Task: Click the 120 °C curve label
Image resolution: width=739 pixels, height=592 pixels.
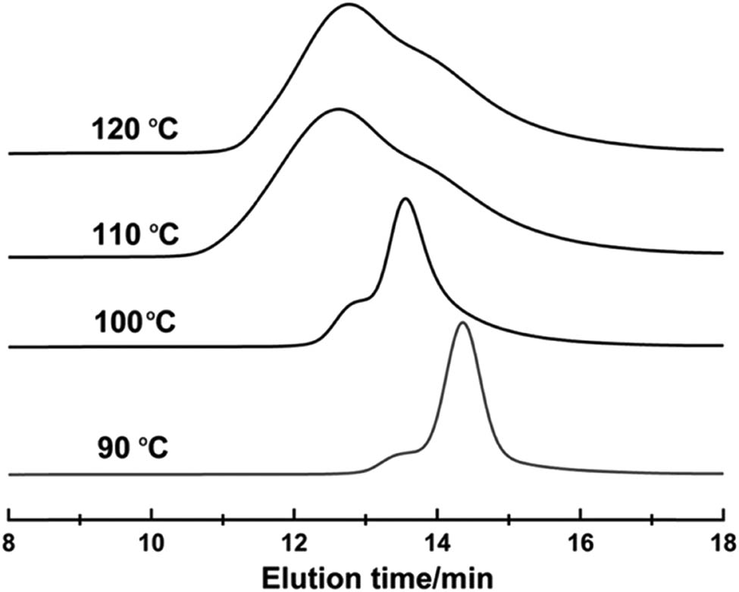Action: point(133,130)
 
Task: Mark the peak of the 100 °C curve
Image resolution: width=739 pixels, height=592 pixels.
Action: point(406,199)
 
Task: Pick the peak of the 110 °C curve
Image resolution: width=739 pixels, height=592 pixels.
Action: point(339,110)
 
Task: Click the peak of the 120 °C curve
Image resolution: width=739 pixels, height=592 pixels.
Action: point(349,5)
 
